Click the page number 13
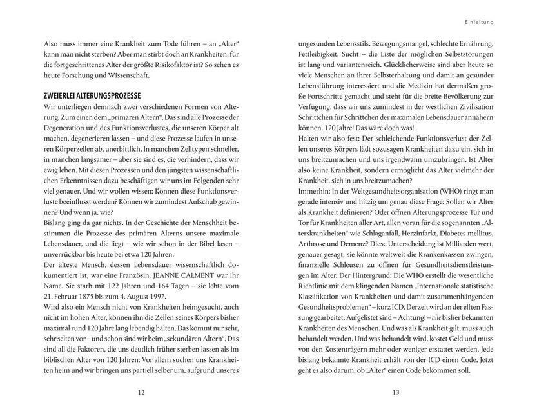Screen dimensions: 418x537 click(396, 392)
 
